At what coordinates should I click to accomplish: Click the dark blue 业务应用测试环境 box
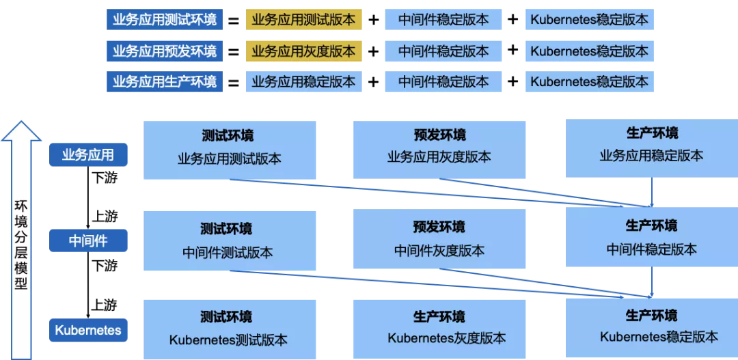click(164, 20)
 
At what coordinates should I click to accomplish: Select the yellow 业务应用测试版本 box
click(303, 20)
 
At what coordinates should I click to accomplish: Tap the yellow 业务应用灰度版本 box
click(303, 51)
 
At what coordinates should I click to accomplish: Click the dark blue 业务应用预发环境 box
click(164, 51)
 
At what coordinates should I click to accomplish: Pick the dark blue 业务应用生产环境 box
click(164, 82)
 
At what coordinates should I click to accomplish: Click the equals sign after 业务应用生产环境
click(234, 83)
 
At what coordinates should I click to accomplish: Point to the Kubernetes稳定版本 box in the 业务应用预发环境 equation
click(589, 51)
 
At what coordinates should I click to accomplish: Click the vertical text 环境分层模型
click(20, 245)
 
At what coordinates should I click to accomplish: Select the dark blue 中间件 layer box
click(88, 240)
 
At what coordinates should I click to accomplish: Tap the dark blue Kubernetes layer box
click(88, 330)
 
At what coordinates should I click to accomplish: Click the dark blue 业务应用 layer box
click(88, 154)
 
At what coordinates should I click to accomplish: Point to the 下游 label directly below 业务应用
click(105, 178)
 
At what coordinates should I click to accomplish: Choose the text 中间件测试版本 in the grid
click(228, 252)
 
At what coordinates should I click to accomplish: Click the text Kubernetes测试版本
click(228, 340)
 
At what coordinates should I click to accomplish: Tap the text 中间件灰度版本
click(439, 250)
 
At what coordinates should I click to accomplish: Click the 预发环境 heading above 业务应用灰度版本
click(440, 135)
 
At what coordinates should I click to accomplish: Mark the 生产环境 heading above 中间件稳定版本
click(651, 225)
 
